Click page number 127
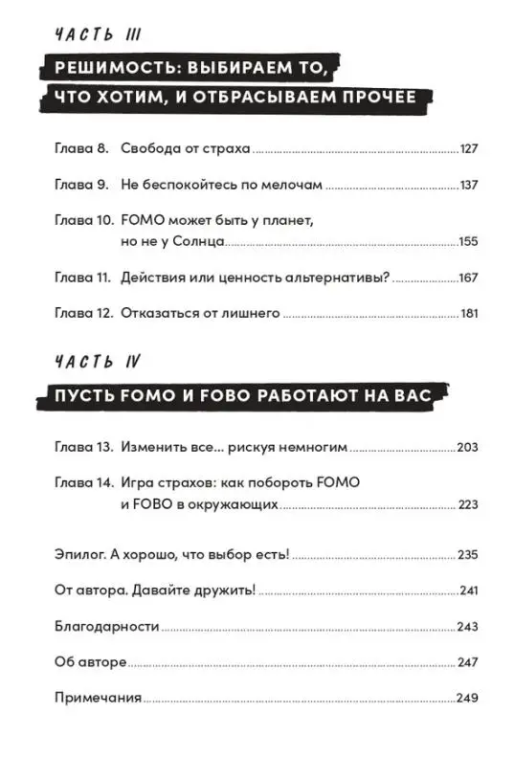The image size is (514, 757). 468,149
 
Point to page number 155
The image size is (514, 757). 467,243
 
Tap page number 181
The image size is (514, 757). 468,312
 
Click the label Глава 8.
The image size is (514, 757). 78,149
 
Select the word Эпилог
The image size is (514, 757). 79,554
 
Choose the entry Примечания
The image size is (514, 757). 97,698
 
